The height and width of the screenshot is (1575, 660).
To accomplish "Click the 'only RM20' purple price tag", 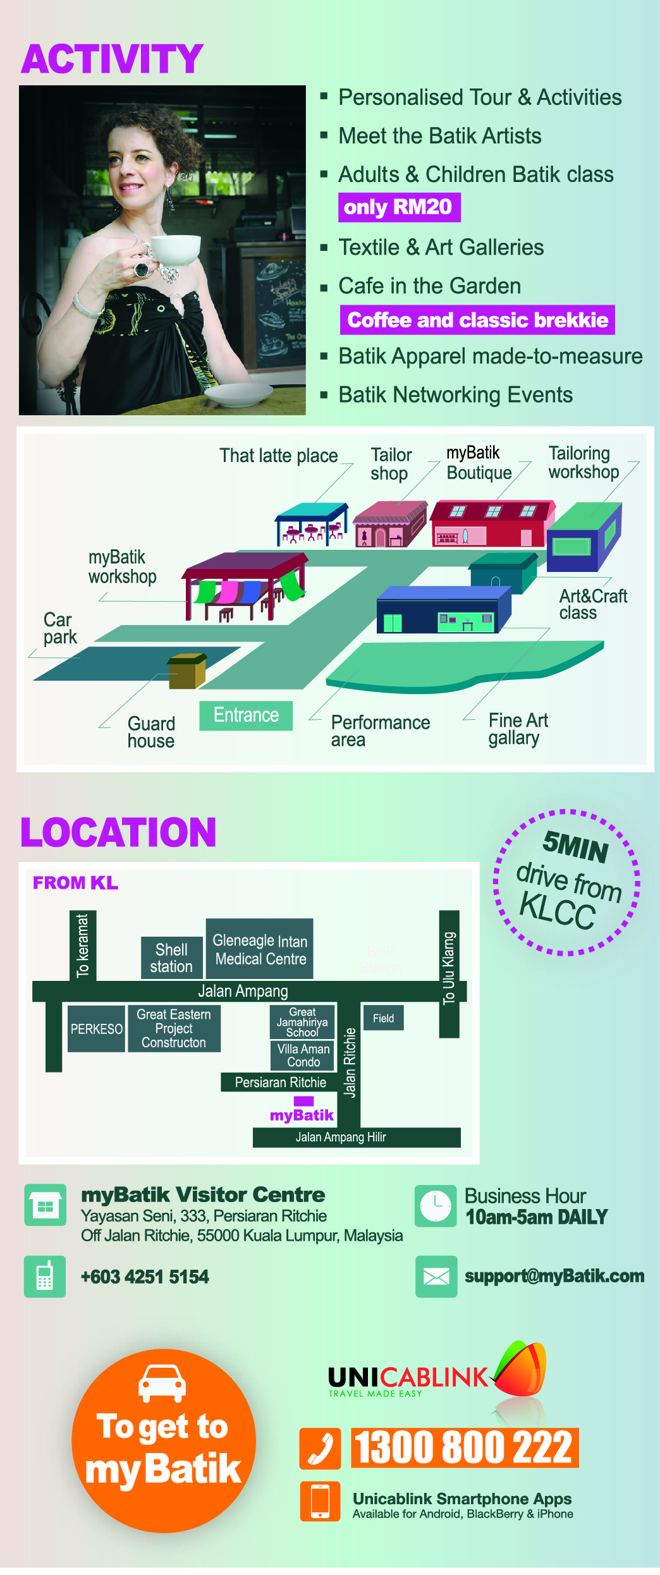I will pos(399,207).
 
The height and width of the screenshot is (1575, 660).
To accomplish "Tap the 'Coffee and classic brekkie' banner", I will pos(477,320).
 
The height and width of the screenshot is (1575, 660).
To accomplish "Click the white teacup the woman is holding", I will pos(176,250).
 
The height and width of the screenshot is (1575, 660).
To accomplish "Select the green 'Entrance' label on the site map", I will pos(246,715).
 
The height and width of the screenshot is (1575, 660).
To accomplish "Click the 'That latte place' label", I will pos(278,456).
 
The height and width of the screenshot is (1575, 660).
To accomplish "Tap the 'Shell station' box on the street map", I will pos(171,958).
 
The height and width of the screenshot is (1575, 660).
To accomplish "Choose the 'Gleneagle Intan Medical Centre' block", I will pos(260,949).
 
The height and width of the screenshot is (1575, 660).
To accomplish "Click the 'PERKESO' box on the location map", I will pos(96,1029).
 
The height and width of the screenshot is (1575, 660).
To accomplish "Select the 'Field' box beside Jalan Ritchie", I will pos(383,1018).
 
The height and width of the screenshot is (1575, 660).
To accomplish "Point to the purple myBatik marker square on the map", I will pos(303,1101).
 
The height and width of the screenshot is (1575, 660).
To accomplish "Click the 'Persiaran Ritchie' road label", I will pos(280,1082).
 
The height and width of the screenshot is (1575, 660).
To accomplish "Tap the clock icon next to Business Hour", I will pos(436,1206).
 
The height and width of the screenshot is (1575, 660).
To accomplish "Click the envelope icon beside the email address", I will pos(436,1277).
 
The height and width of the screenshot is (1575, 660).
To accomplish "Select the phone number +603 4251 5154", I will pos(145,1277).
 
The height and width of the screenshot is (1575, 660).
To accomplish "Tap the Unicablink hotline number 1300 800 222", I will pos(464,1447).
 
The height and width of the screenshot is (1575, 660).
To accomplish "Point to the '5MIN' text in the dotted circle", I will pos(575,847).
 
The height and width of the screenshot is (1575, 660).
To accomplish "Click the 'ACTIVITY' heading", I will pos(113,59).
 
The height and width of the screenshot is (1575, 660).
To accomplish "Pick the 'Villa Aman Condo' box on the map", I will pos(303,1055).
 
